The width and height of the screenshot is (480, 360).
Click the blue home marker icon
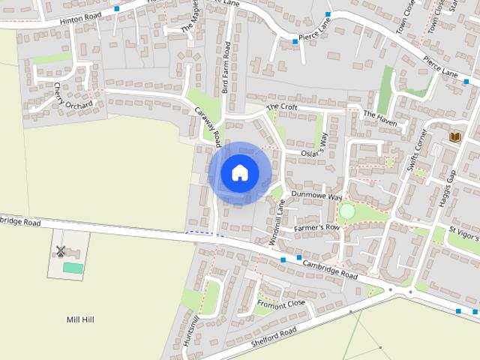coord(239,172)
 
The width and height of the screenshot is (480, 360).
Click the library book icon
coord(455,137)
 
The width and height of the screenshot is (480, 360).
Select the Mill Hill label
coord(80,319)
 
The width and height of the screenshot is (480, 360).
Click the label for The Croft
coord(282,107)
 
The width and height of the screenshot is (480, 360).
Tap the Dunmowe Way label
coord(316,195)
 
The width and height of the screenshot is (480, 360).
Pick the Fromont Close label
coord(281,304)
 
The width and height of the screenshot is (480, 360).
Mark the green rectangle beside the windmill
coord(73,268)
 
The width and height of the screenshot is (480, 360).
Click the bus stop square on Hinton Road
coord(116,9)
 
